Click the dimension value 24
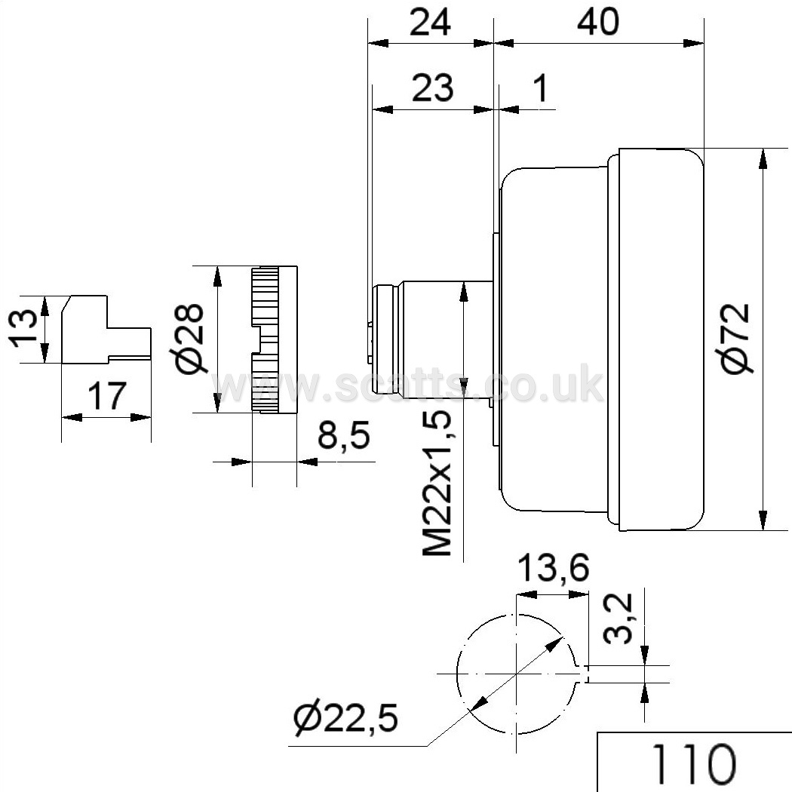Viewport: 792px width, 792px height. (x=430, y=23)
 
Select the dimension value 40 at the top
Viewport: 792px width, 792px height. (x=597, y=23)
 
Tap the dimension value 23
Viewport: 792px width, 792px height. (x=433, y=87)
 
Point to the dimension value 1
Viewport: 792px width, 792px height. (x=541, y=87)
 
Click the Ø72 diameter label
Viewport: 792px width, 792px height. (x=735, y=337)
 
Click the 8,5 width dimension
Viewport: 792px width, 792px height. (x=343, y=435)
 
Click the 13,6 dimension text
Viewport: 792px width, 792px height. (x=553, y=568)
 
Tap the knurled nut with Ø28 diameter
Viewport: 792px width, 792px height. (x=273, y=339)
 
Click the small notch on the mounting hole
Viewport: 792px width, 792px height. (x=584, y=674)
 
